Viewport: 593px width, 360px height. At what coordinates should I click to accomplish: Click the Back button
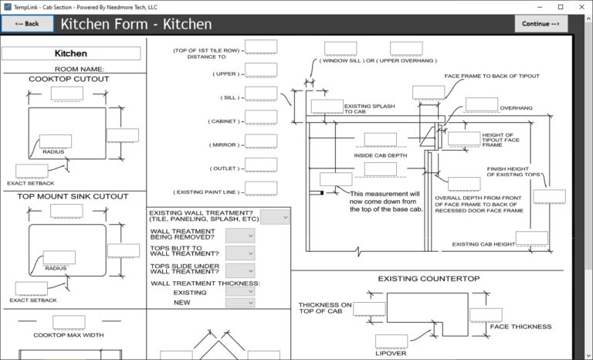tap(27, 24)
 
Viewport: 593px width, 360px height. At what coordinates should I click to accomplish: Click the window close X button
tap(581, 5)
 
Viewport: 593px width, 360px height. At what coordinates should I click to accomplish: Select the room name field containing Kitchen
tap(71, 54)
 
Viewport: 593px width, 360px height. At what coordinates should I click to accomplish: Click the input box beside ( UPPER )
tap(261, 73)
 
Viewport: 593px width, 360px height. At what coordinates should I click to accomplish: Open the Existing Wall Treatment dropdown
tap(275, 217)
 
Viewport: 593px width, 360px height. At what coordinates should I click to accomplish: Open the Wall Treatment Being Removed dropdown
tap(240, 234)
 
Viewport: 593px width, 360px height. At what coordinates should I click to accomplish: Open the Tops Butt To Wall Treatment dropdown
tap(240, 253)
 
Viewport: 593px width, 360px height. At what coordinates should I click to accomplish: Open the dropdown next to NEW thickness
tap(240, 303)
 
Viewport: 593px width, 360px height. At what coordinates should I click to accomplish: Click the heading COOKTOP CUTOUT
tap(69, 79)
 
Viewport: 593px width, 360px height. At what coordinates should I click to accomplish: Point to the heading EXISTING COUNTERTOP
tap(429, 278)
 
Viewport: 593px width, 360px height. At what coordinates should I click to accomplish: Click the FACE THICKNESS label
tap(520, 327)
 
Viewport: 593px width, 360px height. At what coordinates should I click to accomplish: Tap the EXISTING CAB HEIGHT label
tap(483, 245)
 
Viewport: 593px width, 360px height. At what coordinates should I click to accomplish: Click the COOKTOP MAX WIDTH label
tap(69, 335)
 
